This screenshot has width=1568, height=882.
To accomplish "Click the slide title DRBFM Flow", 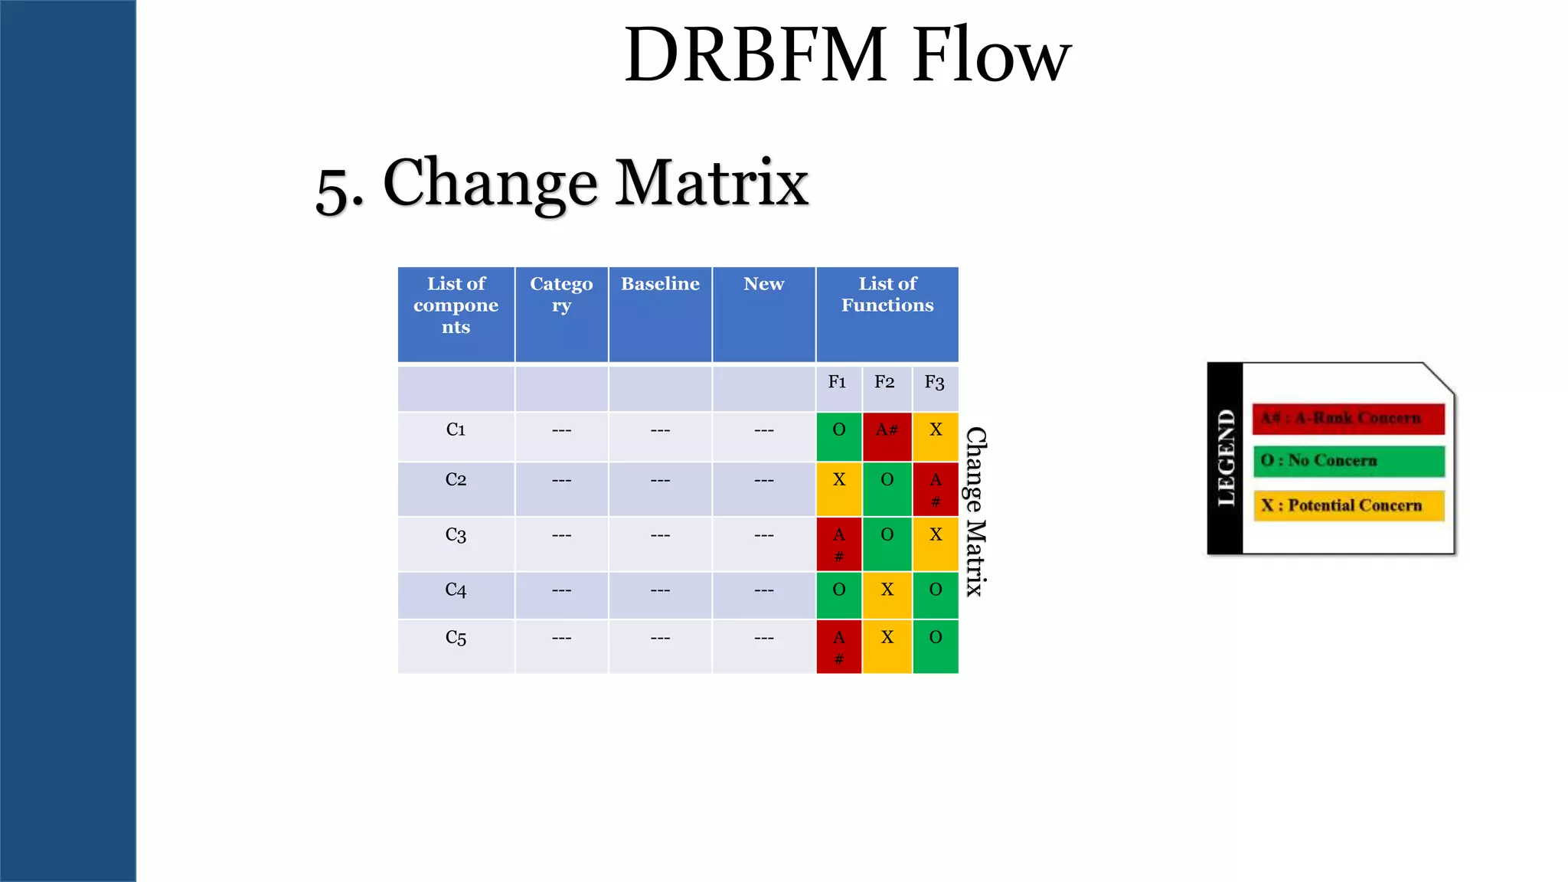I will [847, 54].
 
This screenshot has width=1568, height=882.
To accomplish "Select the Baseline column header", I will [660, 284].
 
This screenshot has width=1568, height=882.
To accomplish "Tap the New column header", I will [763, 284].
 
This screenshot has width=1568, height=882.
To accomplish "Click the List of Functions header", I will [887, 295].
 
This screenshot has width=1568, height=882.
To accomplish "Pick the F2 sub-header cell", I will [884, 382].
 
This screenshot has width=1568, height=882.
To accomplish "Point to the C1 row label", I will [456, 430].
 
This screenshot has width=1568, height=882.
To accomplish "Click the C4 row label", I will [456, 590].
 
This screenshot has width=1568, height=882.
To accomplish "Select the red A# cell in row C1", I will [887, 434].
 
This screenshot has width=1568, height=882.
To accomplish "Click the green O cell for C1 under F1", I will [839, 434].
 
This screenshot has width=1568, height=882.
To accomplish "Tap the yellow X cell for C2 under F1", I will [839, 488].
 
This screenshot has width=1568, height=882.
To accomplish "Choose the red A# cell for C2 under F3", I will [935, 488].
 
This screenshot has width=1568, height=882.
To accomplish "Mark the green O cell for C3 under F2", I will [887, 543].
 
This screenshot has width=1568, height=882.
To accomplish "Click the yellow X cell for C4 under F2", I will [887, 594].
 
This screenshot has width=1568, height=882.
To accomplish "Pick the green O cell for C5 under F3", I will [935, 645].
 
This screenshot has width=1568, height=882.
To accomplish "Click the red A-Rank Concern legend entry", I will [1347, 419].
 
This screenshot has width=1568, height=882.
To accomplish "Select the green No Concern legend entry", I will [1347, 461].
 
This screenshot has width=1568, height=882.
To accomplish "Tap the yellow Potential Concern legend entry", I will [1347, 505].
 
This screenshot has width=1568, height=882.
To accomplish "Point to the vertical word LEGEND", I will [1226, 457].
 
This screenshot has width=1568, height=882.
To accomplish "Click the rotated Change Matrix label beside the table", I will [975, 511].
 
